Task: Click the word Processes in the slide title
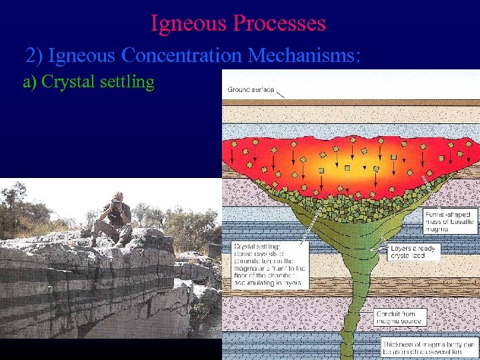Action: (279, 23)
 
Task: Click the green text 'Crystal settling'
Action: (89, 82)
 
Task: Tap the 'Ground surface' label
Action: (249, 89)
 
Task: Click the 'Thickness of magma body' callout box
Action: (429, 347)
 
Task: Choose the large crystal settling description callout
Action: (267, 265)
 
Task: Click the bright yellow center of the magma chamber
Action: (347, 160)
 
